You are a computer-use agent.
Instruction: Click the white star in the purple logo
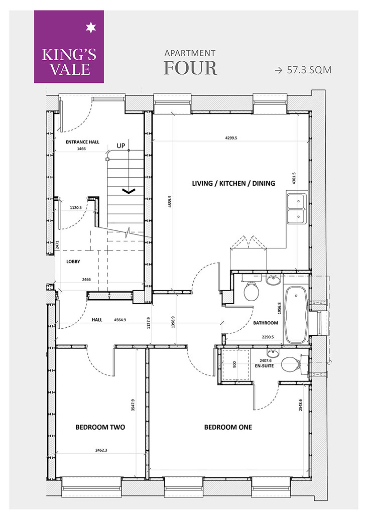click(90, 28)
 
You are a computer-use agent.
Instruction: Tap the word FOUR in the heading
click(190, 68)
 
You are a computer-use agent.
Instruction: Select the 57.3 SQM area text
click(309, 70)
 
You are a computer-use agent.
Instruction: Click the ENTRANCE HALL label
click(82, 142)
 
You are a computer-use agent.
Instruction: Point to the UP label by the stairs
click(121, 146)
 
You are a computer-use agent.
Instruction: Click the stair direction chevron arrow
click(129, 191)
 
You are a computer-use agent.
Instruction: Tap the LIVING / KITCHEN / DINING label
click(233, 183)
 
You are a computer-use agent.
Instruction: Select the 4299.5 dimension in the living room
click(231, 138)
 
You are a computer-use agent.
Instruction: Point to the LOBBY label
click(73, 262)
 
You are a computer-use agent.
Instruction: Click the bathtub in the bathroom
click(296, 315)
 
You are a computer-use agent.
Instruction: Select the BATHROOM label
click(266, 323)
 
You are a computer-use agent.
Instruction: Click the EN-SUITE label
click(264, 366)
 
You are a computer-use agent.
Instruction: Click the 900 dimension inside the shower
click(234, 364)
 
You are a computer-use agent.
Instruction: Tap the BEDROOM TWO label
click(100, 427)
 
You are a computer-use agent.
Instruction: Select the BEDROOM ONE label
click(228, 427)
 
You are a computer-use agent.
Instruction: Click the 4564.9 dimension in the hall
click(120, 320)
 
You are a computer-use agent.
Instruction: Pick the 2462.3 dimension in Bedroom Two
click(101, 450)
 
